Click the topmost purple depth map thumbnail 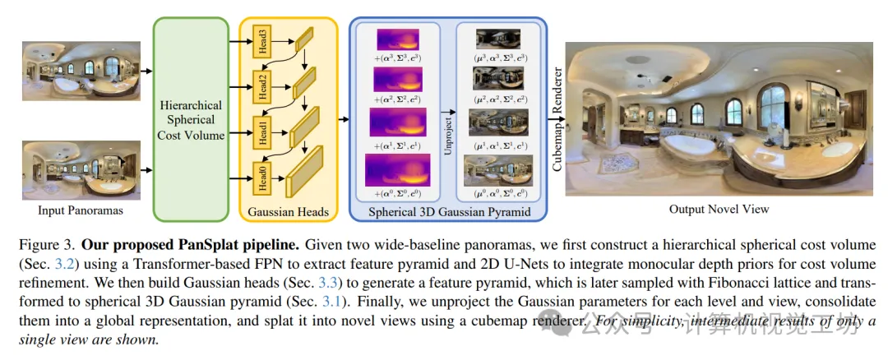[397, 40]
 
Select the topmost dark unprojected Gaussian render [495, 39]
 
